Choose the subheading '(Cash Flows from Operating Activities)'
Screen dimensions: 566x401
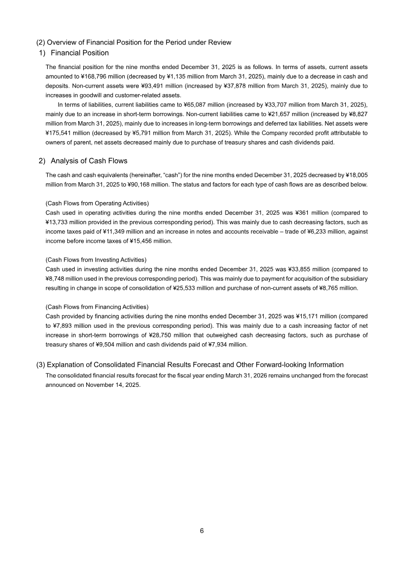(x=97, y=203)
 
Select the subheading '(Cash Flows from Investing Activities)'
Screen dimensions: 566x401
(x=96, y=260)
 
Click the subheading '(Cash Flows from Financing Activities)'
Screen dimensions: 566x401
(x=97, y=307)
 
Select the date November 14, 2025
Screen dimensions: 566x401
(x=110, y=385)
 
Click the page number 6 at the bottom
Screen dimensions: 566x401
(x=202, y=531)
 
